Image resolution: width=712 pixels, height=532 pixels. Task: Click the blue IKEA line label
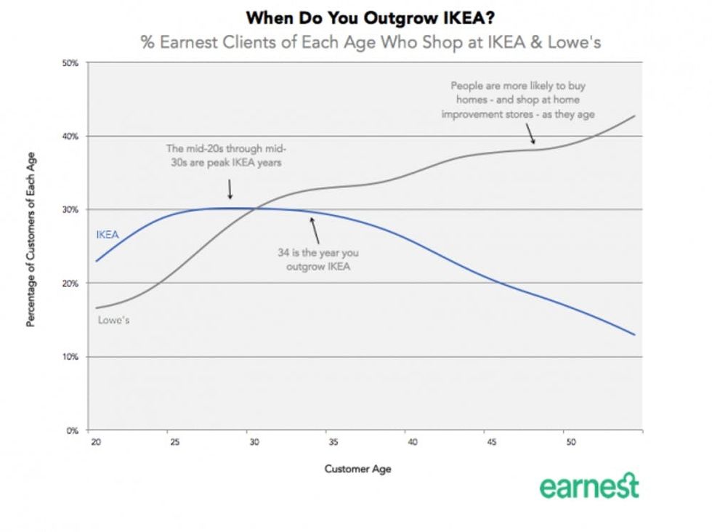pyautogui.click(x=108, y=234)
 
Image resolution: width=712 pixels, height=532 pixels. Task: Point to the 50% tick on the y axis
pyautogui.click(x=70, y=63)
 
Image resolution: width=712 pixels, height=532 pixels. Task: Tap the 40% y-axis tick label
pyautogui.click(x=70, y=137)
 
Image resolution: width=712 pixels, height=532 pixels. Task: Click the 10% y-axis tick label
pyautogui.click(x=70, y=357)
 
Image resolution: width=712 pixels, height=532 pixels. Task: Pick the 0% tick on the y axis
pyautogui.click(x=72, y=430)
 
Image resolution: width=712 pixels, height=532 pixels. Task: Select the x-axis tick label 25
pyautogui.click(x=173, y=441)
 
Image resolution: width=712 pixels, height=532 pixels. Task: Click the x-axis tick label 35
pyautogui.click(x=331, y=441)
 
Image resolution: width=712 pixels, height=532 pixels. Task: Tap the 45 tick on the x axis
pyautogui.click(x=490, y=441)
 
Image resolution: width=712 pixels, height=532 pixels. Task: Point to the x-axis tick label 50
pyautogui.click(x=569, y=441)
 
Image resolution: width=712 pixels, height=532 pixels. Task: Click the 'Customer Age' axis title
pyautogui.click(x=357, y=469)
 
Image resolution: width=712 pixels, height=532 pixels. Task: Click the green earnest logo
pyautogui.click(x=588, y=486)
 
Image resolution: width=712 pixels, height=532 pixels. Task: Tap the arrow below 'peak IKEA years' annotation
pyautogui.click(x=230, y=190)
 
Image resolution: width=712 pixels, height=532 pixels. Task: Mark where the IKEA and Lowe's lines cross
pyautogui.click(x=253, y=209)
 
